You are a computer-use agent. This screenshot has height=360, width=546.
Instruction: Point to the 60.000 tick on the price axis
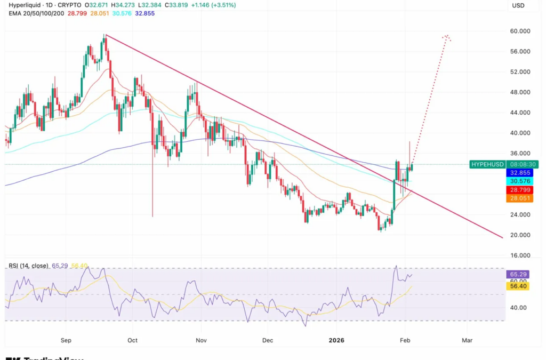(520, 31)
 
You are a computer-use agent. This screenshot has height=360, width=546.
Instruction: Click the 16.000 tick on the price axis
(520, 255)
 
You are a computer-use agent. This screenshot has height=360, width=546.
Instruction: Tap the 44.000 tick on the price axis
(520, 113)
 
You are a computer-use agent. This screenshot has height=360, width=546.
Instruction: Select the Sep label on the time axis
(66, 340)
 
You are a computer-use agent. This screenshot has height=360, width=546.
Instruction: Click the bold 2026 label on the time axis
(337, 340)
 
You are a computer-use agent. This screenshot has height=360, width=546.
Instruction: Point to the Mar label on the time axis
(467, 340)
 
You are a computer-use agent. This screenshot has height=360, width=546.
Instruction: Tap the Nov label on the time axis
(201, 340)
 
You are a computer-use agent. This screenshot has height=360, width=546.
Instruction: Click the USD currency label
(519, 5)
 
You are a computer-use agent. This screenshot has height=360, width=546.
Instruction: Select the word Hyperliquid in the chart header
(24, 5)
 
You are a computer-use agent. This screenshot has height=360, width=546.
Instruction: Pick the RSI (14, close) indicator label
(28, 266)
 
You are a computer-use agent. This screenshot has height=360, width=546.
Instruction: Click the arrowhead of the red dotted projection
(447, 37)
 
